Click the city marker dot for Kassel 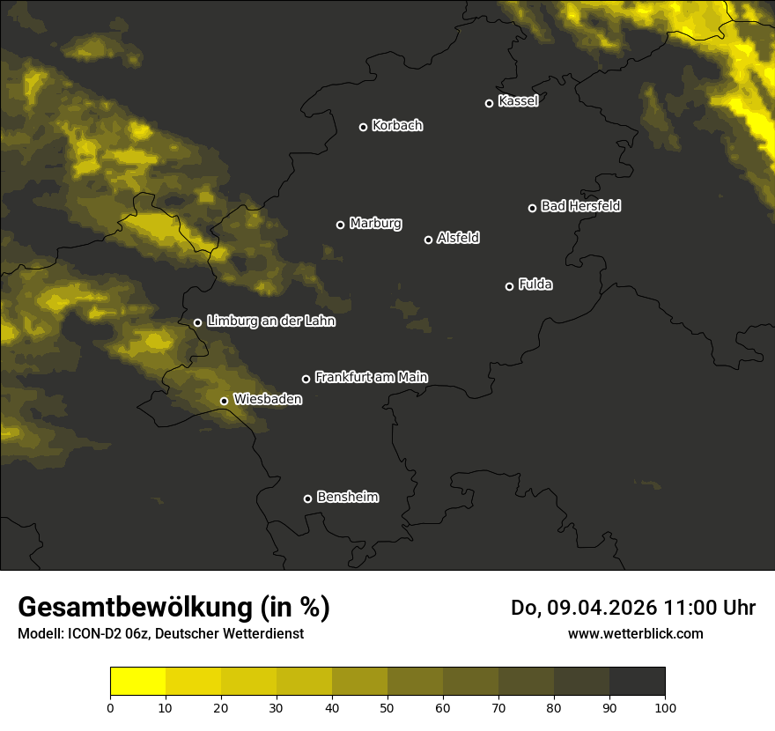tap(489, 103)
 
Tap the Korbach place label tap(397, 126)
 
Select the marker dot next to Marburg tap(340, 225)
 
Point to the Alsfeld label tap(458, 239)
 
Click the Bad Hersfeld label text tap(580, 206)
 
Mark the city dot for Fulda tap(509, 286)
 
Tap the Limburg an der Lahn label tap(270, 321)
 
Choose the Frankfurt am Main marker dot tap(306, 379)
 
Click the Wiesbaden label tap(268, 400)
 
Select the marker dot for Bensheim tap(307, 498)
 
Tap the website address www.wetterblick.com tap(635, 633)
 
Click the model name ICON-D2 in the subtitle tap(92, 633)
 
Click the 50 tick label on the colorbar tap(387, 707)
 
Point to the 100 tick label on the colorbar tap(665, 707)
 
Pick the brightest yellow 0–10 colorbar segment tap(138, 682)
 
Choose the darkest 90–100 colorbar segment tap(637, 682)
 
